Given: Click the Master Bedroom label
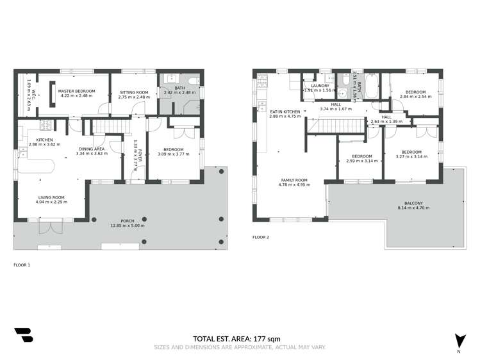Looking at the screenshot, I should click(76, 91).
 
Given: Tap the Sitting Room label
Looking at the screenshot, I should click(134, 92).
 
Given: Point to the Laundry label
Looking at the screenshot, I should click(320, 85).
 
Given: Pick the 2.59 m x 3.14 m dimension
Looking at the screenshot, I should click(361, 161).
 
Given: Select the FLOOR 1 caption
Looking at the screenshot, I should click(22, 264).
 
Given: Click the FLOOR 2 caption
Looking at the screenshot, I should click(261, 237).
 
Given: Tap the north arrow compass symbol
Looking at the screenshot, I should click(459, 342).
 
